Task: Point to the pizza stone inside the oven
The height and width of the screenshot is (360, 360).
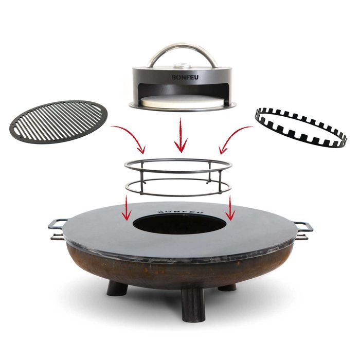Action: pos(179,102)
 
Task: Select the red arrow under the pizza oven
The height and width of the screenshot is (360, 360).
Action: pos(180,136)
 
